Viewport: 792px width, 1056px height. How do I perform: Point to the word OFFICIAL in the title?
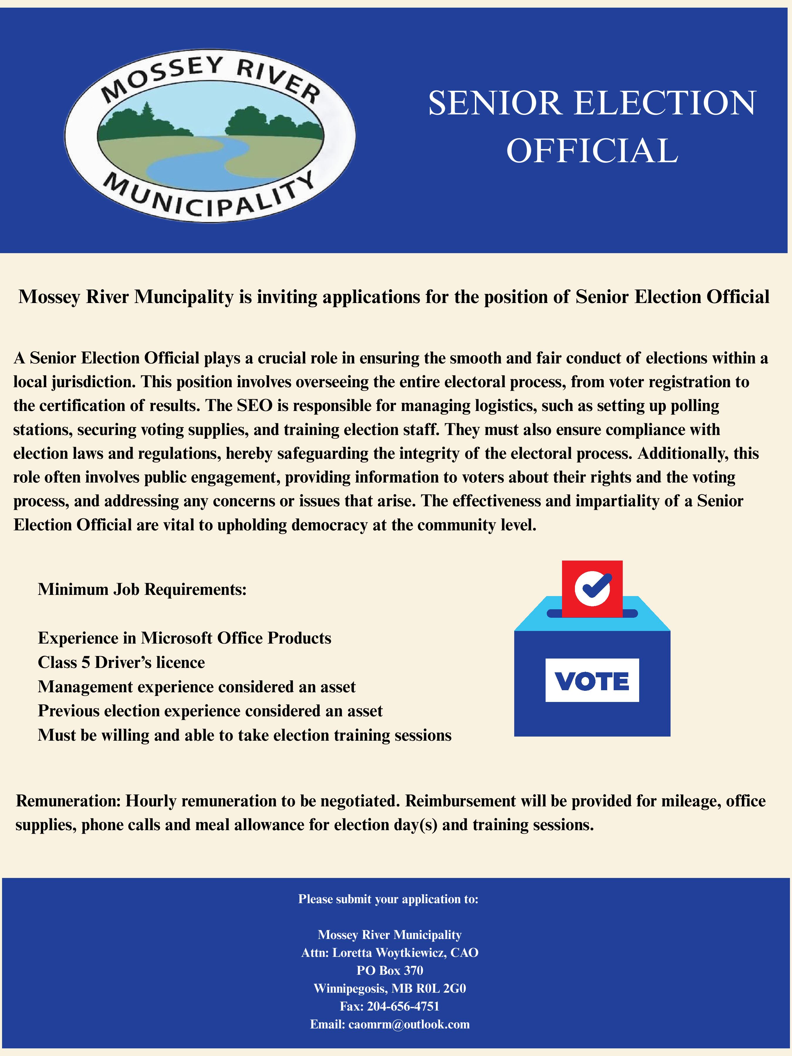click(592, 150)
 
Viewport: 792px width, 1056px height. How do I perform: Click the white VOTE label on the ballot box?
click(592, 680)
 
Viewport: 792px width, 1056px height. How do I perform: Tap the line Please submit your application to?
click(388, 899)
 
